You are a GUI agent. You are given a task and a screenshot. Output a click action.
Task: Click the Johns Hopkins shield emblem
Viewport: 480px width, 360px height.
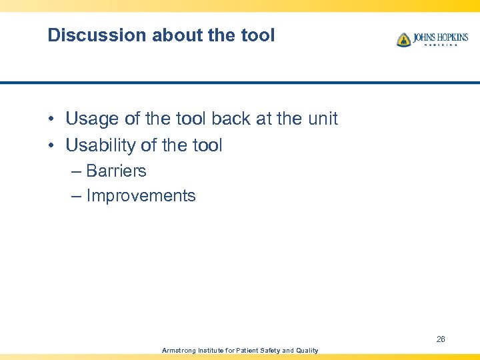pyautogui.click(x=403, y=40)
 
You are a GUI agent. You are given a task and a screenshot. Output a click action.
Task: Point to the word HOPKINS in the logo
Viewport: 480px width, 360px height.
pyautogui.click(x=449, y=37)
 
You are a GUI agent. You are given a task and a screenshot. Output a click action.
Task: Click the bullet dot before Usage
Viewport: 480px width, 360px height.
pyautogui.click(x=51, y=119)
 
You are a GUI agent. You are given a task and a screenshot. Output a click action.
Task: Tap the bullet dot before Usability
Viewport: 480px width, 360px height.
pyautogui.click(x=51, y=145)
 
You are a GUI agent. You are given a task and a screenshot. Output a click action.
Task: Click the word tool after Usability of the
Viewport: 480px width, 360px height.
pyautogui.click(x=205, y=145)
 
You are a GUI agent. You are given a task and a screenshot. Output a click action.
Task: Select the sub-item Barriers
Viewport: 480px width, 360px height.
pyautogui.click(x=116, y=171)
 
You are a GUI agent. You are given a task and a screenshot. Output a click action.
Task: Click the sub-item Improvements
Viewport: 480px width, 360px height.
pyautogui.click(x=141, y=196)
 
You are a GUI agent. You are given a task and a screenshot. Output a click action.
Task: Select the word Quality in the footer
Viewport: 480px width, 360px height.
pyautogui.click(x=306, y=350)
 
